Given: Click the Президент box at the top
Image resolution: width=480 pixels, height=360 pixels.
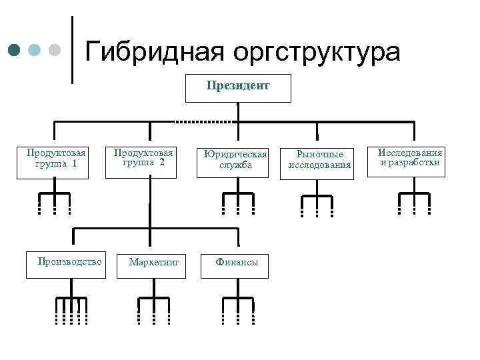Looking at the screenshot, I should pos(237,87).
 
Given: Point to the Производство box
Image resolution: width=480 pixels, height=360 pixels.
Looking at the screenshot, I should pos(69,261).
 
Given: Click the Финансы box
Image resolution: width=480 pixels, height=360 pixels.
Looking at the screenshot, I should pos(237,263).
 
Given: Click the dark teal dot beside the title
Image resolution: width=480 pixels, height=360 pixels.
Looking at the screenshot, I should pos(15,50).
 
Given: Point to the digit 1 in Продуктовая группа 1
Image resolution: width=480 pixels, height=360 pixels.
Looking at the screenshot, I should pos(74,163).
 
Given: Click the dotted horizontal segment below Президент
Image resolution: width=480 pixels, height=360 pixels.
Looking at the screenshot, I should pos(203,122).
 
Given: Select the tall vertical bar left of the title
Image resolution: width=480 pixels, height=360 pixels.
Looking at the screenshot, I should pos(72,49).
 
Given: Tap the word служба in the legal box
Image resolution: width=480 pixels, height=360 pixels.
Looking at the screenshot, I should pos(236,165).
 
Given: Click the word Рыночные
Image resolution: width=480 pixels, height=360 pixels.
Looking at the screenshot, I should pos(315,155).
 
